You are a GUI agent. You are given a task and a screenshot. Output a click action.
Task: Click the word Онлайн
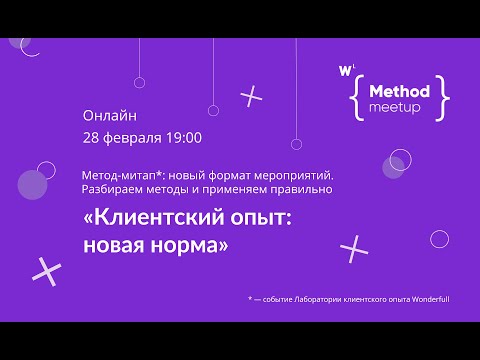click(109, 115)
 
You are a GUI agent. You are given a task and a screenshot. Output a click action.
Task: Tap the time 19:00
click(183, 137)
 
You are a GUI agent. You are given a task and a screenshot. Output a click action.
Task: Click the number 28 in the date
click(92, 137)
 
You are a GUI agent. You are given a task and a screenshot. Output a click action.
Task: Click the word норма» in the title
click(189, 247)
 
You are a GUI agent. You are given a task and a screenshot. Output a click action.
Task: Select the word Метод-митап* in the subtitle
click(123, 174)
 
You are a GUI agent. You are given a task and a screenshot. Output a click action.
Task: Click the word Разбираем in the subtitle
click(118, 189)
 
